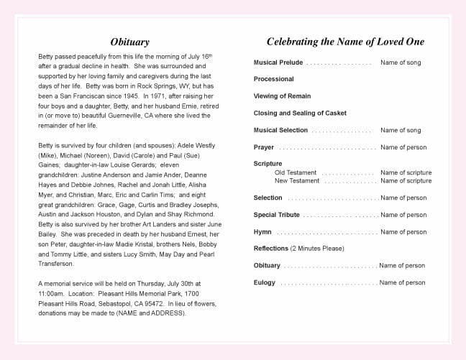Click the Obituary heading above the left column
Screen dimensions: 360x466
[130, 42]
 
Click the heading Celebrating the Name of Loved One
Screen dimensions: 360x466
[345, 42]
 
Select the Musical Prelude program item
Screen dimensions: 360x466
[278, 63]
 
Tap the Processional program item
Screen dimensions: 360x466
[273, 79]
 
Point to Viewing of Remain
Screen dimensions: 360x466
[282, 96]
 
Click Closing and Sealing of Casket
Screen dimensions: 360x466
[300, 113]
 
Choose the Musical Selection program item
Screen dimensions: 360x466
[280, 130]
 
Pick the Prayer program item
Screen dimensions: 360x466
[264, 147]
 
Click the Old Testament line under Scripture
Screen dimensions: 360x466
[296, 172]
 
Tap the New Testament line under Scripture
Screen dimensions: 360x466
[297, 180]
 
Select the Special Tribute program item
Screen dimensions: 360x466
[276, 215]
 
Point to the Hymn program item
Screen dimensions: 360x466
[262, 232]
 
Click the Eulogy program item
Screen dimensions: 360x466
[264, 282]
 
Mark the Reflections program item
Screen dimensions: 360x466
[271, 249]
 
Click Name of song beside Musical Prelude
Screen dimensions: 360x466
[401, 63]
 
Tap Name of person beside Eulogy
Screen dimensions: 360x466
[403, 282]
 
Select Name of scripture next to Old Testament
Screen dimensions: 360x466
[406, 172]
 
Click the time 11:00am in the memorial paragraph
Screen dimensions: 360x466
[51, 293]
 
